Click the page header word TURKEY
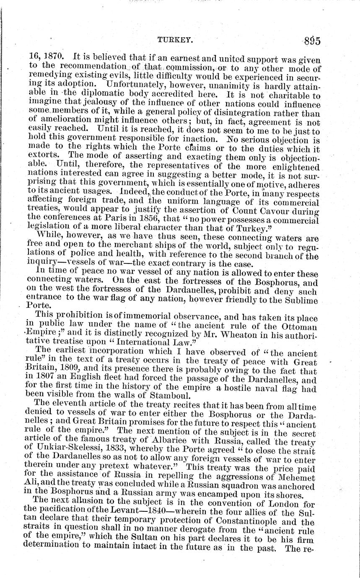tap(175, 40)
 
